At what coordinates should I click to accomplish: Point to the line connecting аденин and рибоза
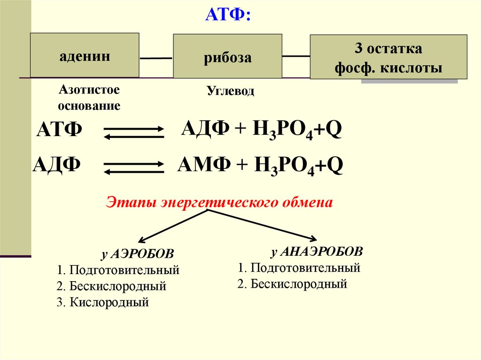pyautogui.click(x=156, y=58)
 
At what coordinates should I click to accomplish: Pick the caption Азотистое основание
pyautogui.click(x=89, y=97)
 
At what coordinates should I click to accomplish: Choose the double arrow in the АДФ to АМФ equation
pyautogui.click(x=133, y=168)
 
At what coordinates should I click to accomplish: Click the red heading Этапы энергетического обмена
pyautogui.click(x=220, y=203)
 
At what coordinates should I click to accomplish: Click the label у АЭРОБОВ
pyautogui.click(x=137, y=254)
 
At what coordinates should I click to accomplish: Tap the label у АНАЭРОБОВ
pyautogui.click(x=317, y=252)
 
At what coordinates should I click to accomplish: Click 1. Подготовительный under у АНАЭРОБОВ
pyautogui.click(x=299, y=268)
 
